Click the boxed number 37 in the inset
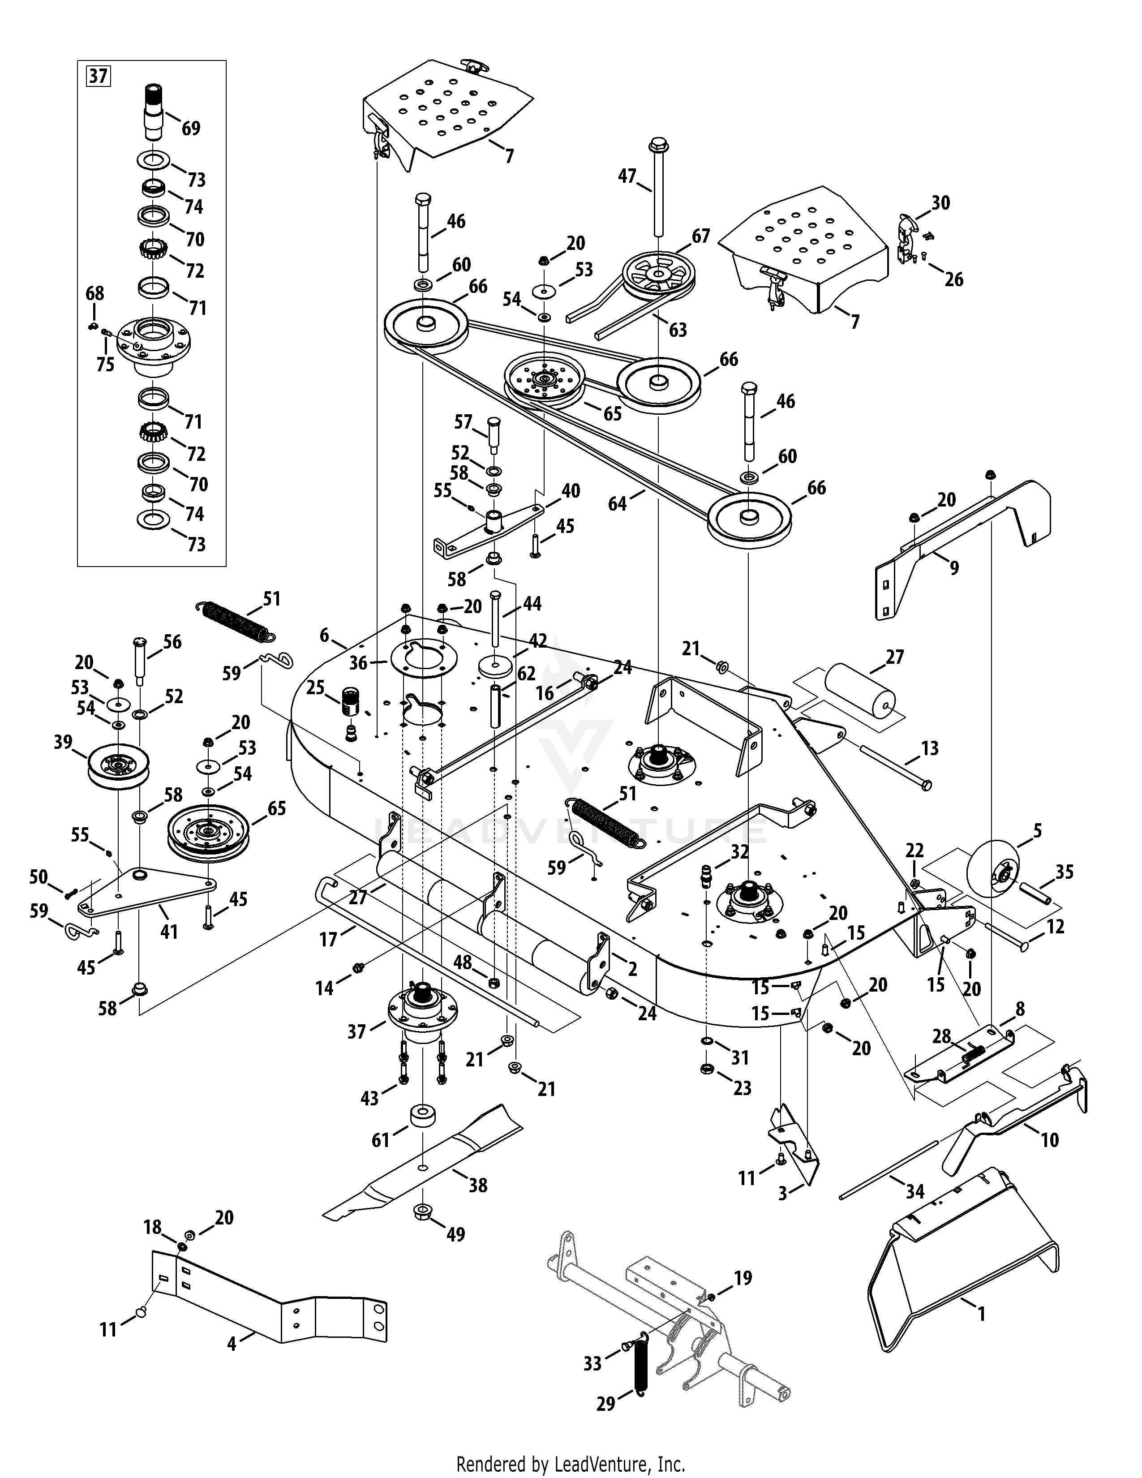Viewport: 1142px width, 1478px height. [98, 75]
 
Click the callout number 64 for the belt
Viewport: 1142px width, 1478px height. [617, 503]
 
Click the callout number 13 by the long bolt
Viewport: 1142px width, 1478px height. [930, 748]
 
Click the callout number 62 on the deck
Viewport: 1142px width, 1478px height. [526, 673]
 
